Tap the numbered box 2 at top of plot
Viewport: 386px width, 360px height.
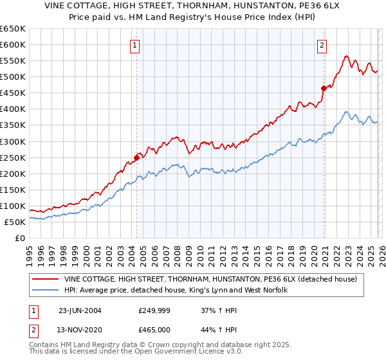click(321, 45)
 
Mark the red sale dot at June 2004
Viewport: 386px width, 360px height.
click(137, 157)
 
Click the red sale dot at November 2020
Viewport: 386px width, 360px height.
click(324, 88)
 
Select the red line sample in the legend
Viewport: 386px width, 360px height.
click(46, 278)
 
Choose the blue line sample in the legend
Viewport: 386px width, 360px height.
click(46, 290)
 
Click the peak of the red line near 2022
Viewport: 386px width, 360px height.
click(346, 56)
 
